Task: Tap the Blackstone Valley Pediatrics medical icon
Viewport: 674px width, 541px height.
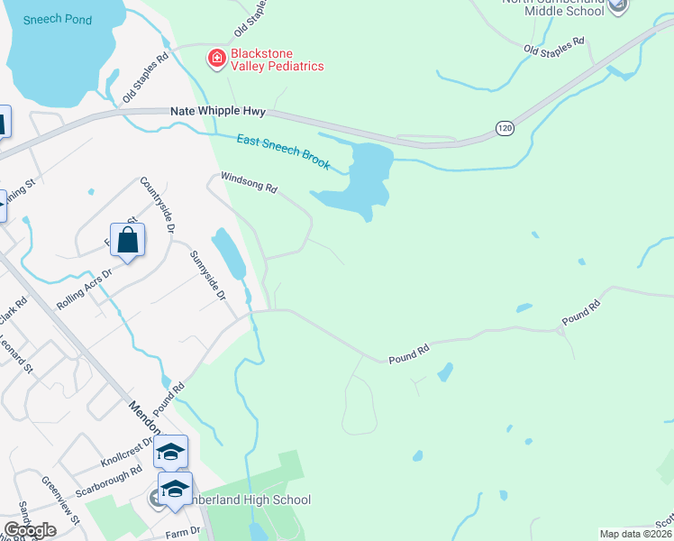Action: pos(216,59)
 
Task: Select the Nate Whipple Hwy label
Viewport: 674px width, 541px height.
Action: pos(217,111)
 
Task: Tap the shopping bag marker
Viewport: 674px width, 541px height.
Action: pos(127,241)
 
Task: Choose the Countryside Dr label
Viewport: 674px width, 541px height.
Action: pos(156,205)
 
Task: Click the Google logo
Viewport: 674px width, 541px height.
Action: pos(30,531)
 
